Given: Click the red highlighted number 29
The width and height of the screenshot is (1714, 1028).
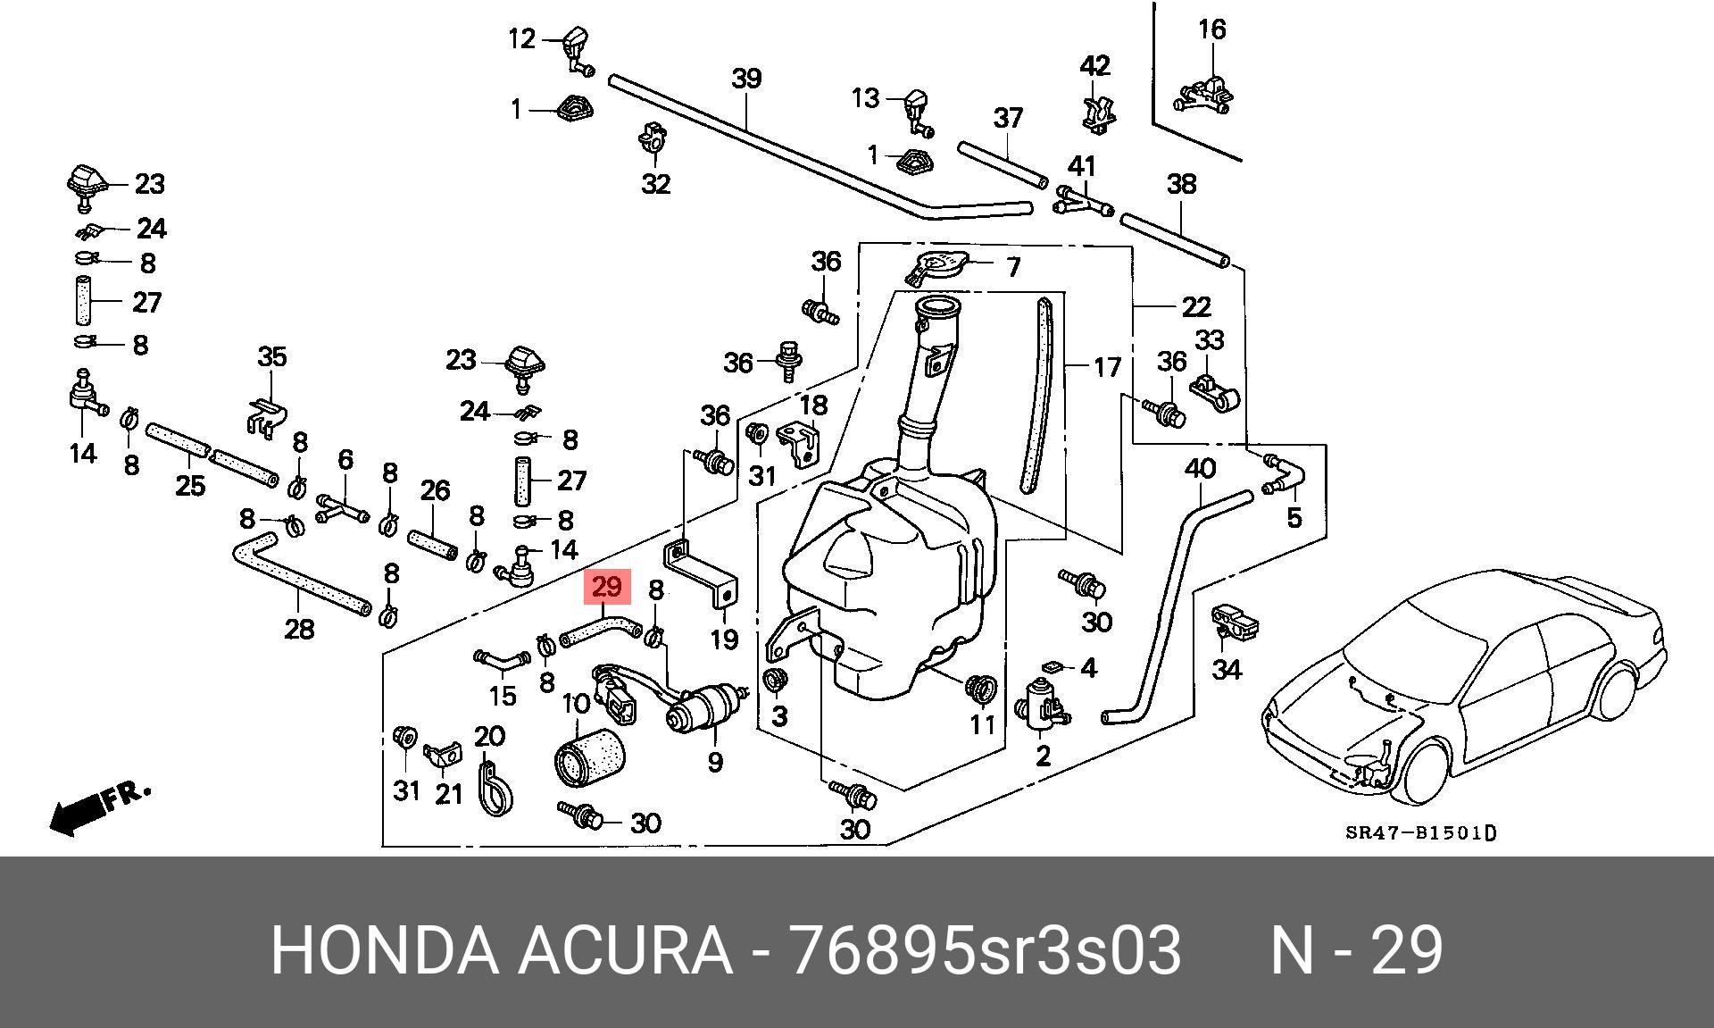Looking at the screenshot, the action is (x=606, y=588).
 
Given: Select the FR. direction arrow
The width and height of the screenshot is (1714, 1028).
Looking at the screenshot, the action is (x=98, y=809).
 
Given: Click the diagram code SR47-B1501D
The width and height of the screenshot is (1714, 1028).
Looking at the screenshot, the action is (x=1421, y=833).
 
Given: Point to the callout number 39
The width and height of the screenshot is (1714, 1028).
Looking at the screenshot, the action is (x=746, y=79).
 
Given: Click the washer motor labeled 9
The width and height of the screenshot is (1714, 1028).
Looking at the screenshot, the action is (x=705, y=706).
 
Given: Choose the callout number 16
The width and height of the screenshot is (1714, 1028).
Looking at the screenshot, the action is (x=1211, y=29).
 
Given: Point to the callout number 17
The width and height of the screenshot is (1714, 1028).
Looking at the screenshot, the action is (x=1107, y=367).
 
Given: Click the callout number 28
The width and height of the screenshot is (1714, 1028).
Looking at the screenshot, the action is (x=299, y=629).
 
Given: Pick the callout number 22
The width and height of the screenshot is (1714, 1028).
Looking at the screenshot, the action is (x=1196, y=306).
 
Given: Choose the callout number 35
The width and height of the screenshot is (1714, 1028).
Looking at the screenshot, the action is (x=272, y=356).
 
